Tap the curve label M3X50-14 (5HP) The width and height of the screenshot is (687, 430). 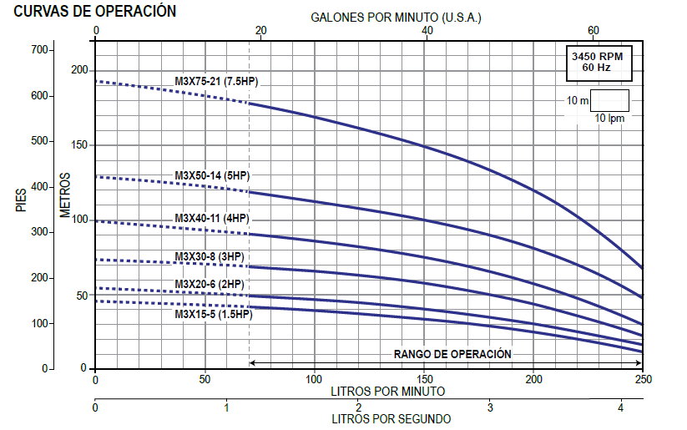coord(212,175)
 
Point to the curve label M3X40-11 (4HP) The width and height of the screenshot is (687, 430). coord(212,218)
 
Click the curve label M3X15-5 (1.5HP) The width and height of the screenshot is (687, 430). coord(213,315)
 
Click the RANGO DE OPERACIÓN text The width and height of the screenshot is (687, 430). coord(452,354)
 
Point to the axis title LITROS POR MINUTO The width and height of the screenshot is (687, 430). coord(387,391)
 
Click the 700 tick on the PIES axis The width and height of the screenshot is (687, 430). coord(40,50)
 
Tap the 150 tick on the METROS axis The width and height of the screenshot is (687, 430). coord(79,145)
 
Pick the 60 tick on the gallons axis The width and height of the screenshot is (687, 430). coord(594,30)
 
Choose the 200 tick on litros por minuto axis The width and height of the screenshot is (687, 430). coord(533,380)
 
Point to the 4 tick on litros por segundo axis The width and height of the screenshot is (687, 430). coord(621,408)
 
